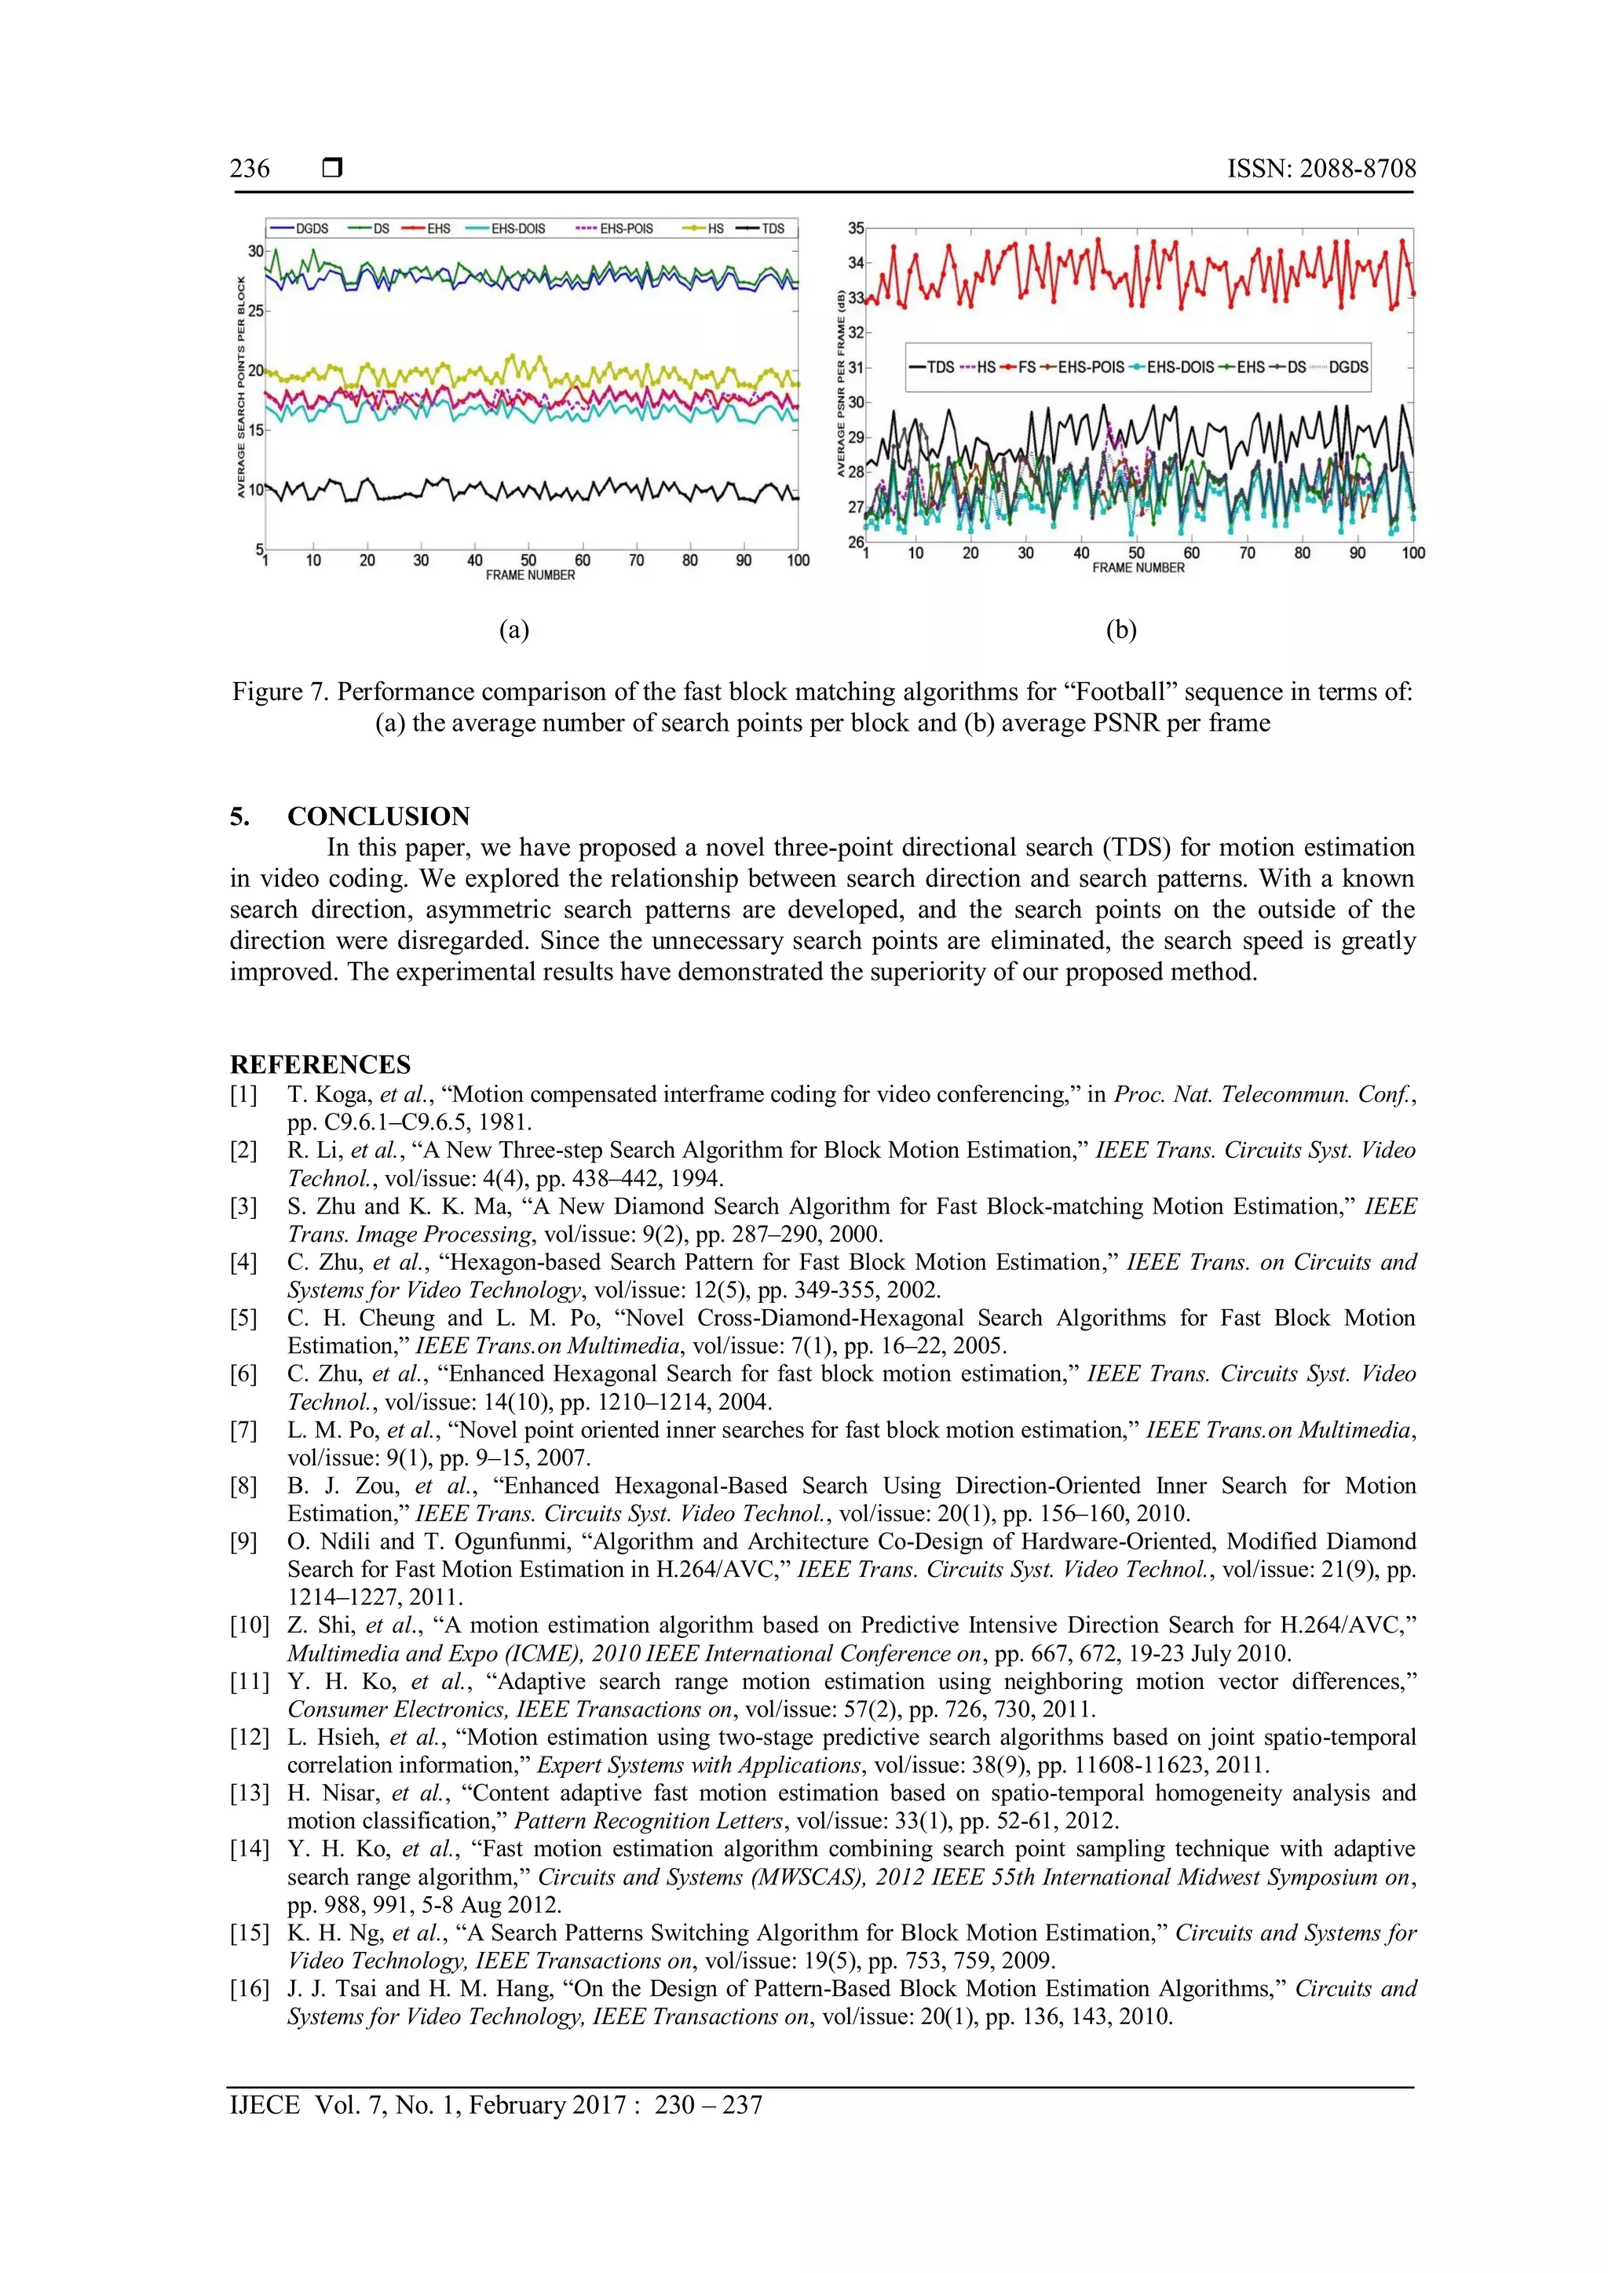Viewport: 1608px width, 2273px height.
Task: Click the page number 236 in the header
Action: (x=250, y=168)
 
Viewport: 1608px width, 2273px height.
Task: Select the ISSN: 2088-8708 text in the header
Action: (x=1321, y=168)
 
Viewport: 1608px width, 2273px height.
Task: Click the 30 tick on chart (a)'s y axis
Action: (x=255, y=251)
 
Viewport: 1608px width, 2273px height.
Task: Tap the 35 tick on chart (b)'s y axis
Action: (x=856, y=228)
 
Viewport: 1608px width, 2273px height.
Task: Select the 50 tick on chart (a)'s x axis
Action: (x=528, y=560)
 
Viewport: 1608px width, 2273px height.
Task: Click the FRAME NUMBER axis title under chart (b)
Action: (x=1138, y=568)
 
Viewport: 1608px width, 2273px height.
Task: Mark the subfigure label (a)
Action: (x=514, y=629)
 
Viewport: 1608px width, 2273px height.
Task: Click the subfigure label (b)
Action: (x=1121, y=629)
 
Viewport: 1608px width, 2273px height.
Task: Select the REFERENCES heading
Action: (x=320, y=1064)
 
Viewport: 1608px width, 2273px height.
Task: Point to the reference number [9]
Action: (x=243, y=1541)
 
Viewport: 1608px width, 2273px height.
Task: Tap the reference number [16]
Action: (x=250, y=1989)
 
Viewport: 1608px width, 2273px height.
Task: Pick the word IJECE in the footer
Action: (x=265, y=2105)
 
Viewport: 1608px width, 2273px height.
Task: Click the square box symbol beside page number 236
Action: (x=333, y=168)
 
